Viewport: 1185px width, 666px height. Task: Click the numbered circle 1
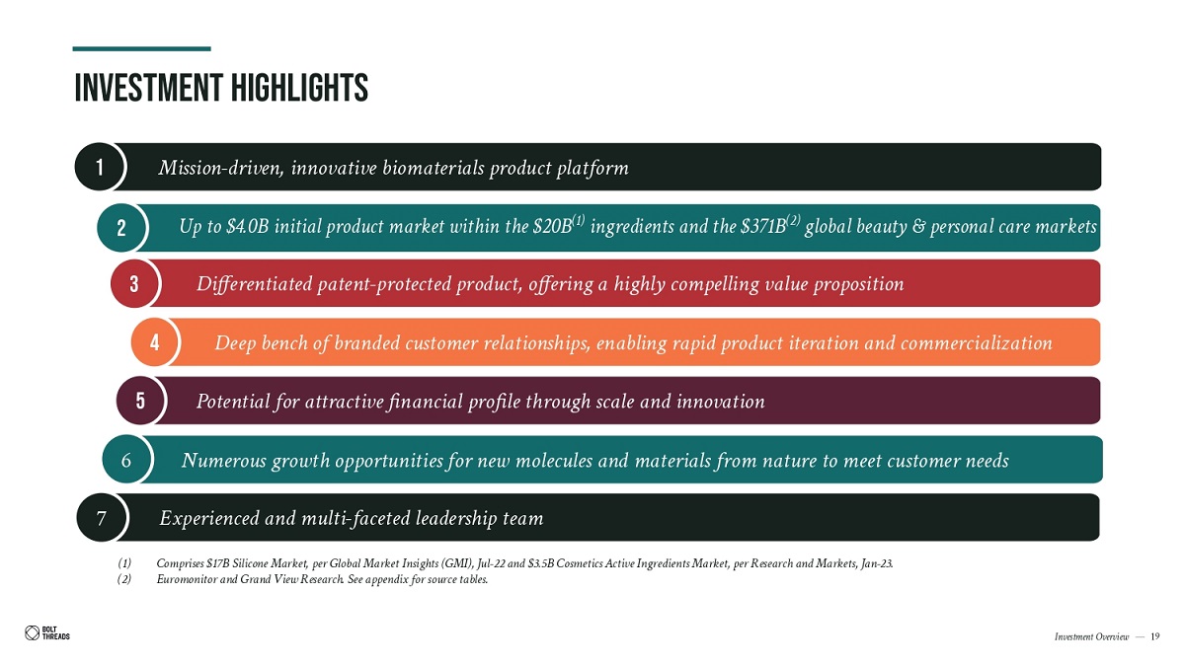click(x=99, y=167)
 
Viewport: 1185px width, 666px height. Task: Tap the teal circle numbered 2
click(x=121, y=228)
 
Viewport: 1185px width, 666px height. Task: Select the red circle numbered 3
click(x=134, y=284)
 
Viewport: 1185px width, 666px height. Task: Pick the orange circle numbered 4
click(x=155, y=342)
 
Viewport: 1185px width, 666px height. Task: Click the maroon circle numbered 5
click(x=140, y=401)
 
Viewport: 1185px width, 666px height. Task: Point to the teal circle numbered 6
click(x=126, y=460)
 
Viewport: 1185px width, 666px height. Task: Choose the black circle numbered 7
click(x=102, y=517)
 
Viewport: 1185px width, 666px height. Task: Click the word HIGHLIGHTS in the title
click(x=299, y=88)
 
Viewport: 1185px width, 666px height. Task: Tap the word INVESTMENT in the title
click(x=149, y=88)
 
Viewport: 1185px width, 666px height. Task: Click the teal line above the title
click(x=142, y=48)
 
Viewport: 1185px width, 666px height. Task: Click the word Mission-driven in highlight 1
click(x=221, y=168)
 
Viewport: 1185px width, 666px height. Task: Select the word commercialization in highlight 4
click(x=976, y=343)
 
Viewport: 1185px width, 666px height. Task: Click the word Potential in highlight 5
click(x=233, y=402)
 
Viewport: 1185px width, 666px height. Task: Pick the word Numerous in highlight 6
click(x=224, y=461)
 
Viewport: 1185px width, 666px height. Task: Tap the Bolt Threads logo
click(x=47, y=632)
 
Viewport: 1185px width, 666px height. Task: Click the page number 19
click(x=1154, y=636)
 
